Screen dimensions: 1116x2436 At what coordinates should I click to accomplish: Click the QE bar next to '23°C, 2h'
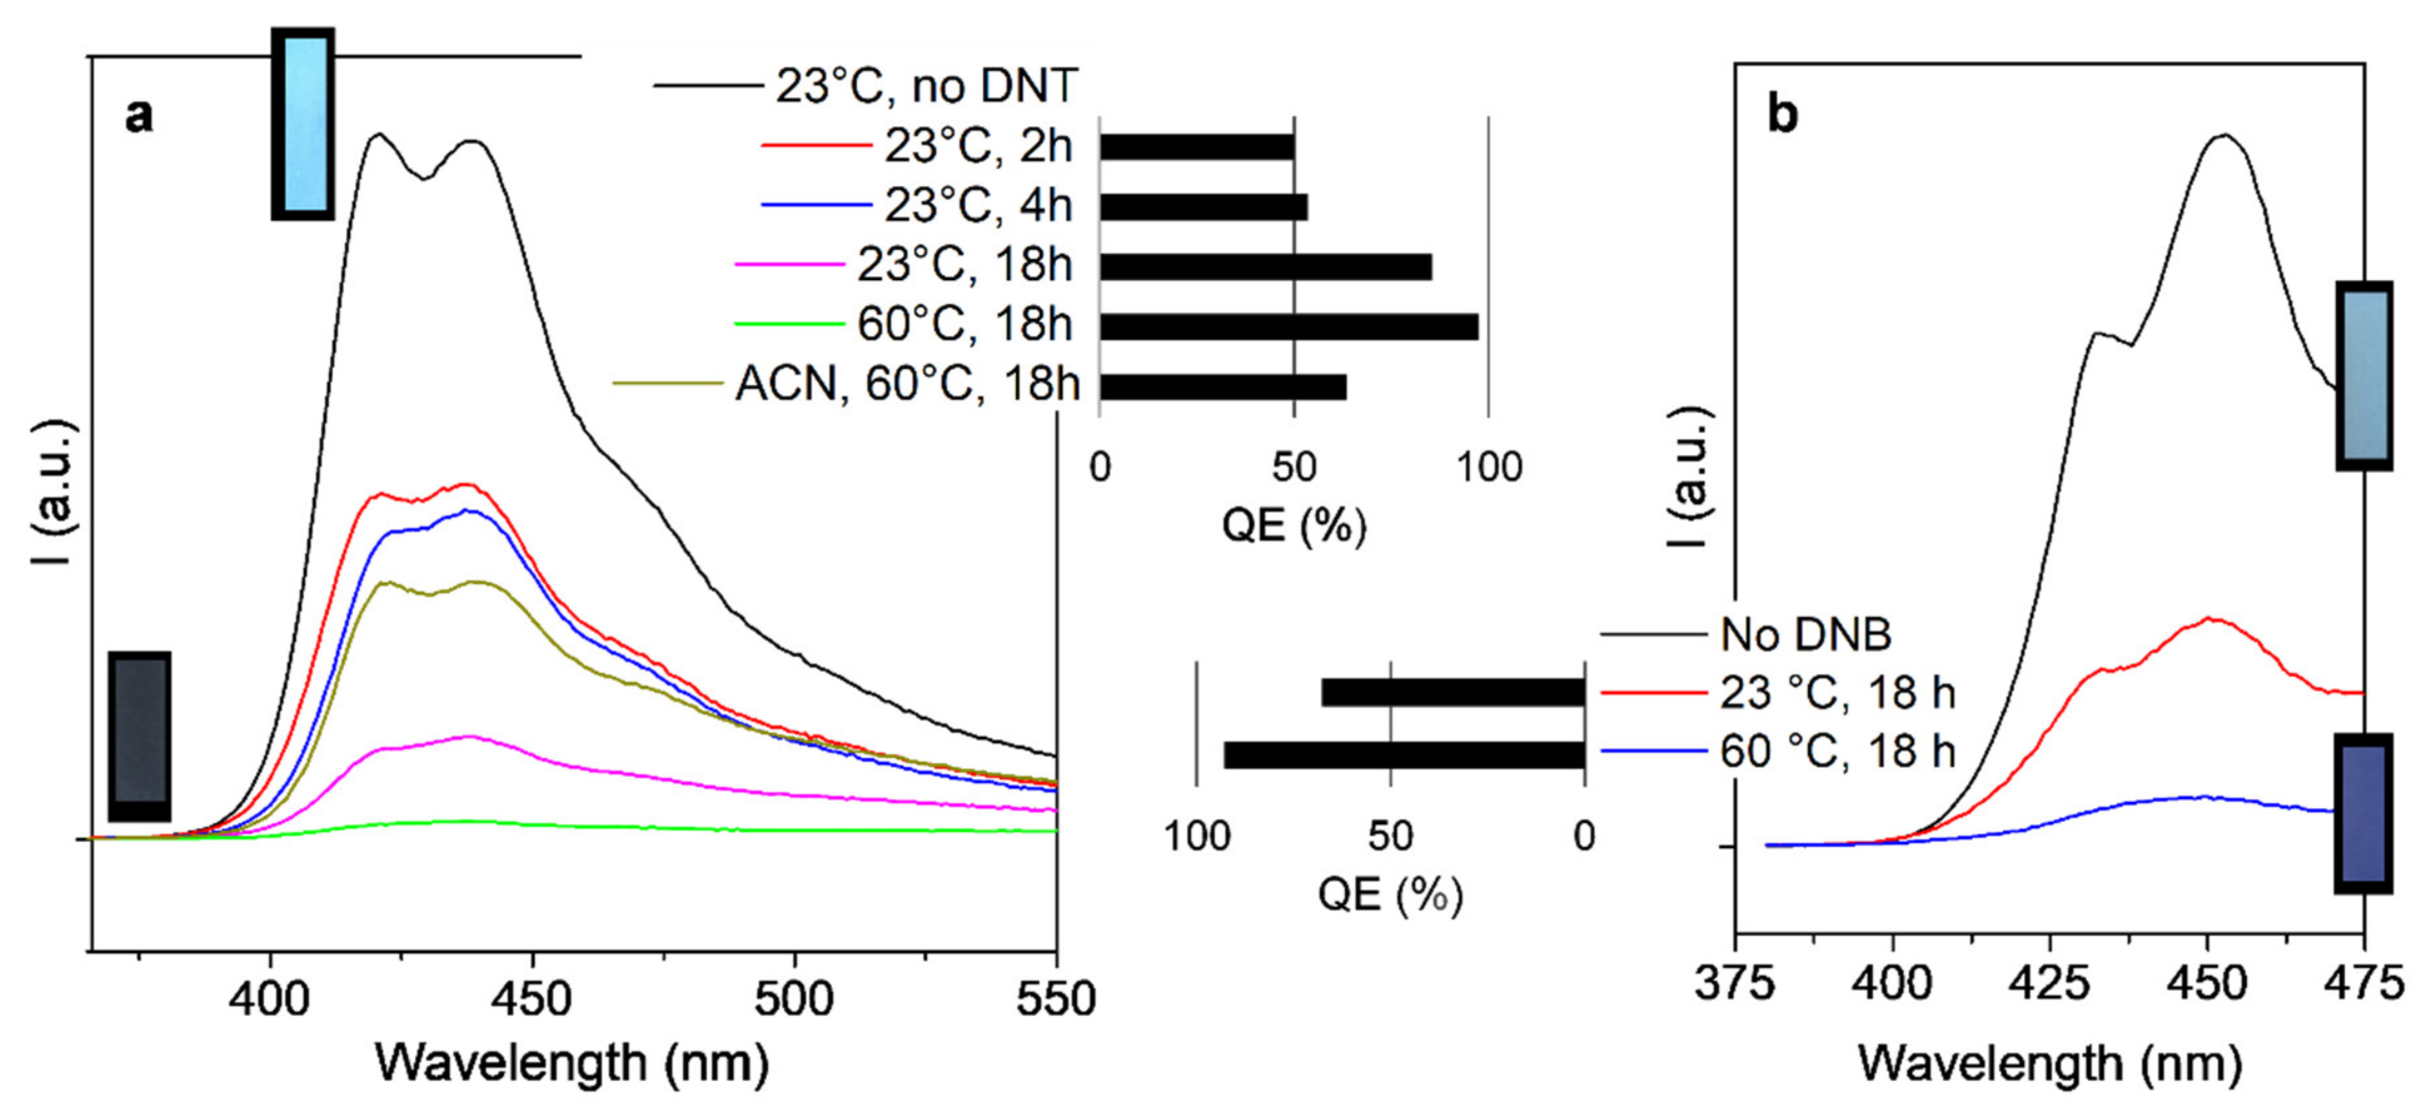1196,147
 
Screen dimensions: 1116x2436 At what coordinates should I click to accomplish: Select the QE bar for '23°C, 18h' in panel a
1265,267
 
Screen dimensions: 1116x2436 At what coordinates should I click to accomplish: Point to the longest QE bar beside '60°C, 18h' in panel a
1288,327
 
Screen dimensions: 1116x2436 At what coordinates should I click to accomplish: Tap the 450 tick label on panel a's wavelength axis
533,1001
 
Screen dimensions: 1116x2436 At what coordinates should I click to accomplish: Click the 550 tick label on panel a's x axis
1055,1001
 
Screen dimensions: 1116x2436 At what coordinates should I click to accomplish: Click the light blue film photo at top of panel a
302,123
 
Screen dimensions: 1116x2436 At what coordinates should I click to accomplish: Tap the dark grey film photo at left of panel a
139,735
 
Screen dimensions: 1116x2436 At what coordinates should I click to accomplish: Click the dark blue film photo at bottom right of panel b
2363,812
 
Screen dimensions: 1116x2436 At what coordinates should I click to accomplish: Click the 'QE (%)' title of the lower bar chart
1389,894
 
